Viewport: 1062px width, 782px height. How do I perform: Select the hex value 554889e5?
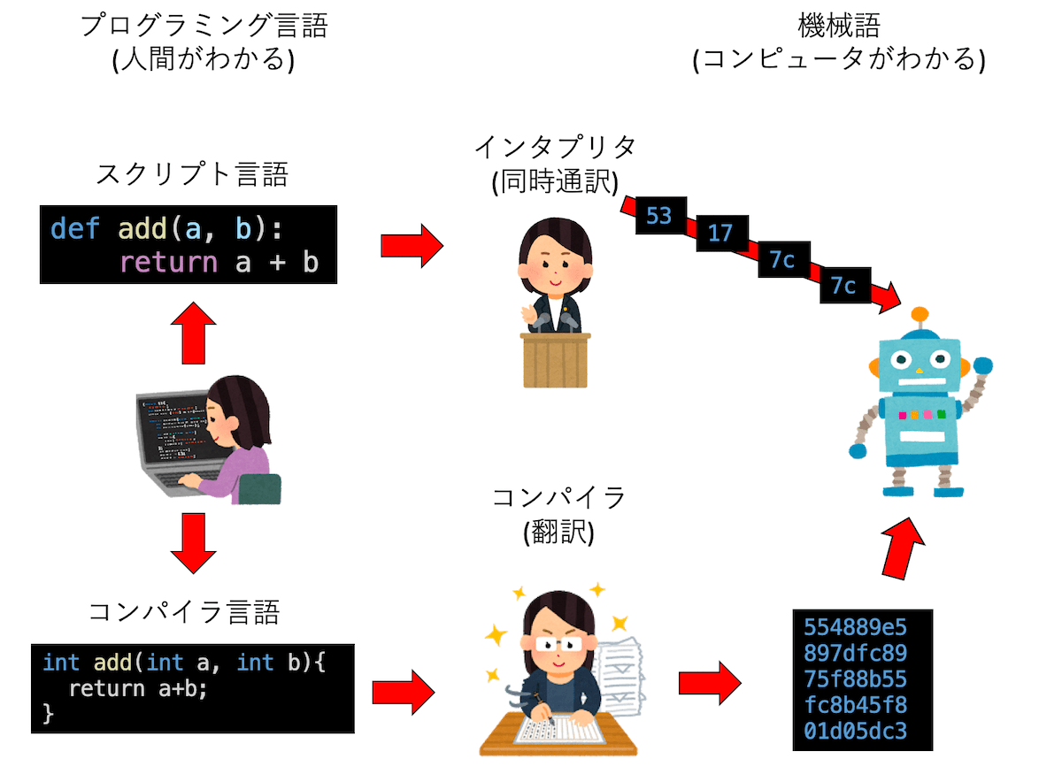(855, 628)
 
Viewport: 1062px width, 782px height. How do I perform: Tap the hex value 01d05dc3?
(855, 731)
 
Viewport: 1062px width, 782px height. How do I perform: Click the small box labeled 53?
(658, 215)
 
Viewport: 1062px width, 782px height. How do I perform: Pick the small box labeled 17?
(720, 233)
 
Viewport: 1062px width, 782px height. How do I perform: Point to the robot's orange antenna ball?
(920, 313)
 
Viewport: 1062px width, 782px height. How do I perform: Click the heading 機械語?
(837, 27)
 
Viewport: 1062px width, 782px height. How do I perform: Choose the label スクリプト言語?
(191, 174)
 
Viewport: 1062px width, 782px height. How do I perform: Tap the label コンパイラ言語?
(185, 610)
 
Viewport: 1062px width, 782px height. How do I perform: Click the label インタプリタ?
(555, 146)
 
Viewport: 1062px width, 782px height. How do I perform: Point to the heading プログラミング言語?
(204, 27)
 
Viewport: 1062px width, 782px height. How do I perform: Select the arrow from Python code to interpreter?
(411, 245)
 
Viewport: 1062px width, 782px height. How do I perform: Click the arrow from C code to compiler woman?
(404, 688)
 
